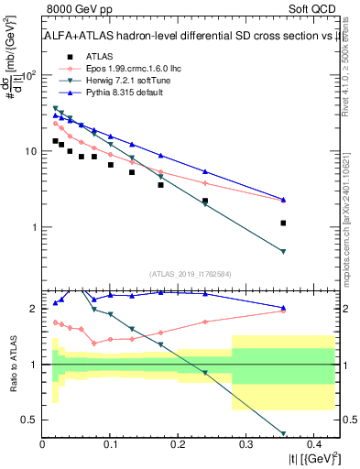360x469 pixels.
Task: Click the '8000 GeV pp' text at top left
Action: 74,10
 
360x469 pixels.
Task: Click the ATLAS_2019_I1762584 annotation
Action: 191,273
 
